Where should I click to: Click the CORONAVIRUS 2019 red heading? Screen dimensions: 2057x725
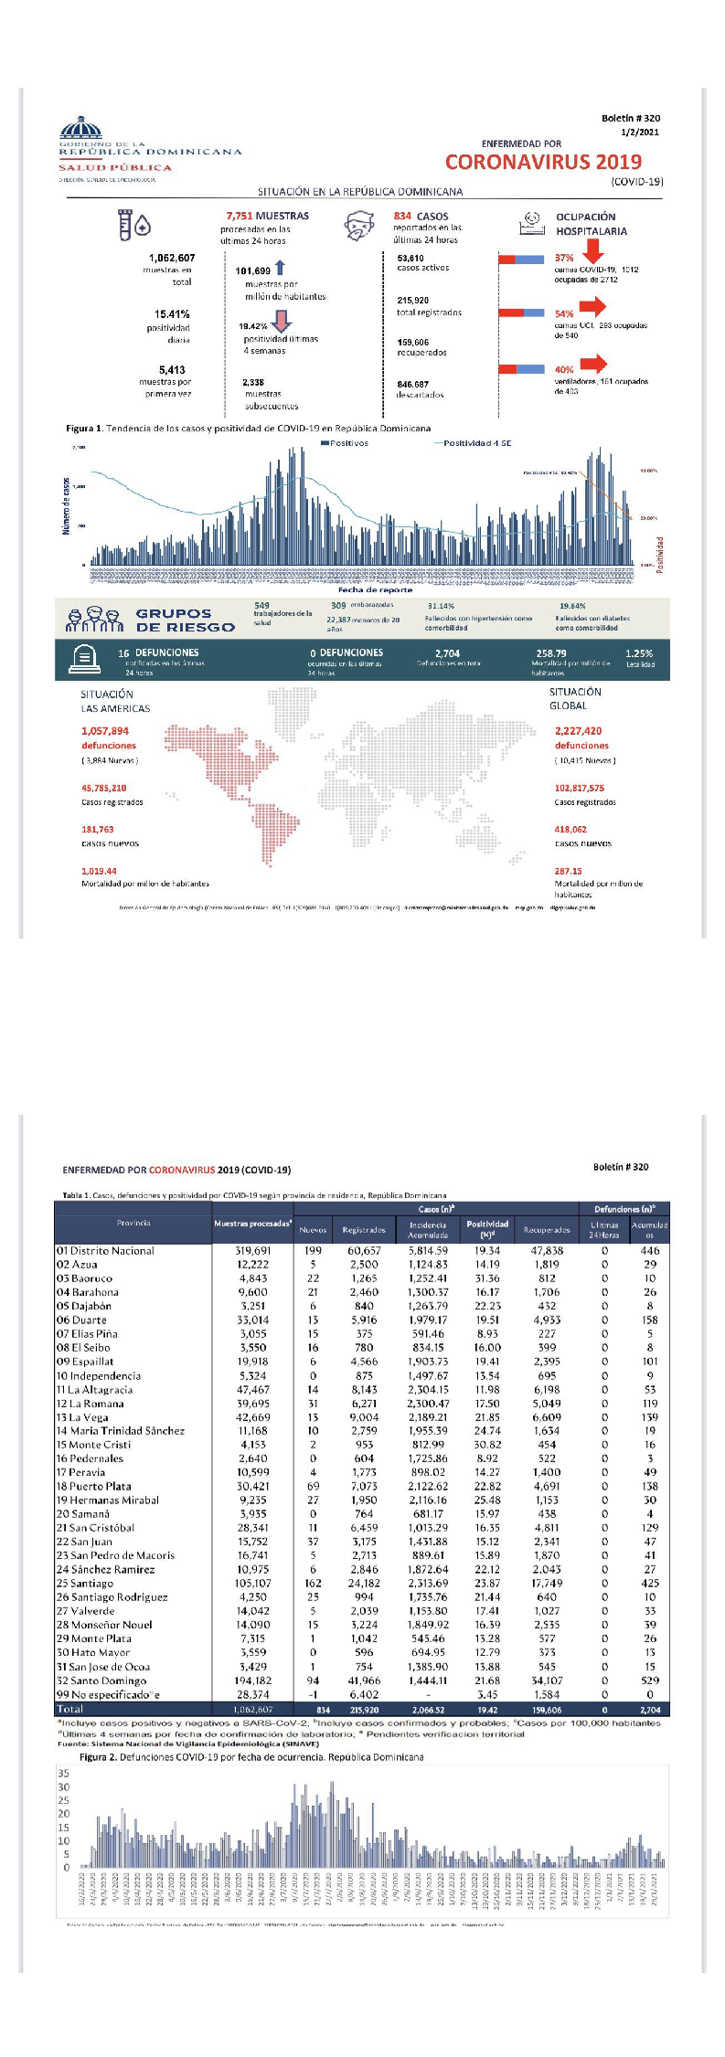click(x=543, y=163)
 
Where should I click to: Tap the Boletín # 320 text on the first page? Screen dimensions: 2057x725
click(x=630, y=118)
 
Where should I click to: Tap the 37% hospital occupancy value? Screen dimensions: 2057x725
click(x=564, y=259)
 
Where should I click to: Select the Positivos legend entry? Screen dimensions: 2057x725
click(x=345, y=443)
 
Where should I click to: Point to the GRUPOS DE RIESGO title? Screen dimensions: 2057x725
click(x=185, y=620)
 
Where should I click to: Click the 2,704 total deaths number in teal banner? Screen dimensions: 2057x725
click(x=447, y=653)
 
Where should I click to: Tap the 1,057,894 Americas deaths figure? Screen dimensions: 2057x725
click(x=105, y=731)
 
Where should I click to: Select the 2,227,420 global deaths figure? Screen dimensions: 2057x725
click(x=578, y=731)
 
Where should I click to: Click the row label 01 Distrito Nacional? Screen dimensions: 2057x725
click(x=105, y=1251)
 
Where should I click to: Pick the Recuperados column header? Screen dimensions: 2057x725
click(x=547, y=1230)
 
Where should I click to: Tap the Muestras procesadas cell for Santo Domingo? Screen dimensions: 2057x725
click(x=253, y=1681)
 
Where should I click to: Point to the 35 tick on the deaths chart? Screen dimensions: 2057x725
click(x=63, y=1774)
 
